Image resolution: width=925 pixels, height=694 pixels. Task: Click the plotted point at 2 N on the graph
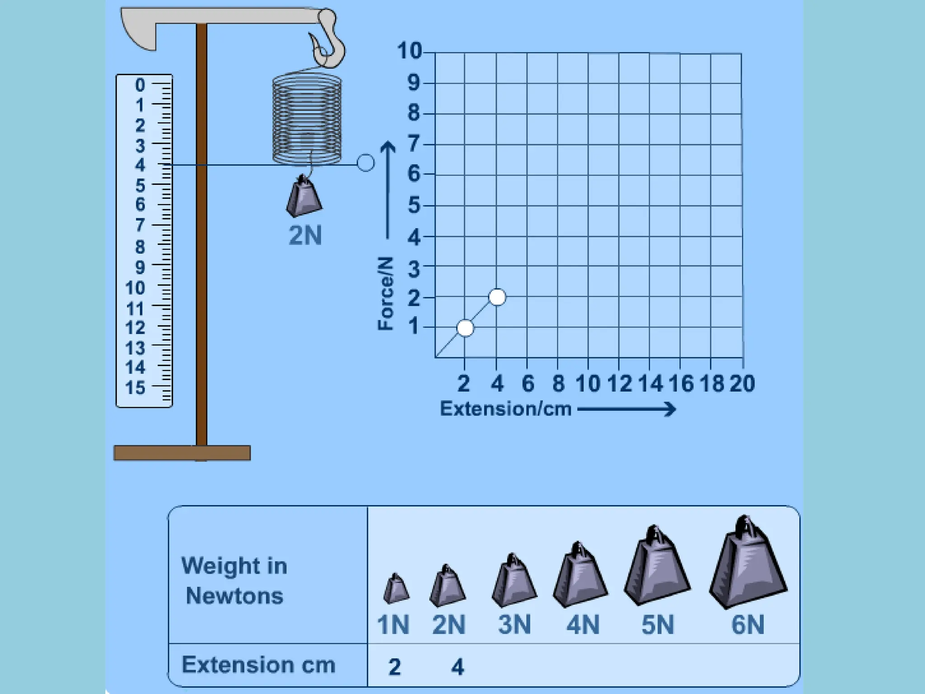click(x=497, y=297)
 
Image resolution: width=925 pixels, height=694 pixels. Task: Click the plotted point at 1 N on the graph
click(x=465, y=328)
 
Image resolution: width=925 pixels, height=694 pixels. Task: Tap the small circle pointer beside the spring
click(x=365, y=163)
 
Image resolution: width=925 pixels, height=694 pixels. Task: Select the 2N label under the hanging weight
click(x=305, y=235)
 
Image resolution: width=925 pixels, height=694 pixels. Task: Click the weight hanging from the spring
click(x=304, y=197)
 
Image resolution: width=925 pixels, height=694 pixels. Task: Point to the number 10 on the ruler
click(x=135, y=288)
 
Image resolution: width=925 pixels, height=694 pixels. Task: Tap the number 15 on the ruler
click(x=135, y=388)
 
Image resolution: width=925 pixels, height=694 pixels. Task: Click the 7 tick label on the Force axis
click(x=414, y=144)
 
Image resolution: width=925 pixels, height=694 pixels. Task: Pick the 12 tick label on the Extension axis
click(x=619, y=384)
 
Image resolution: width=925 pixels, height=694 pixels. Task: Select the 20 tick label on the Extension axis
click(x=742, y=384)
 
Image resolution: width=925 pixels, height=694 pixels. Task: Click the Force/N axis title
click(x=386, y=294)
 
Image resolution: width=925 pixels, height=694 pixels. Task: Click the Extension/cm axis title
click(x=505, y=409)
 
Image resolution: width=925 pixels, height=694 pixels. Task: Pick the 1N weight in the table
click(x=396, y=589)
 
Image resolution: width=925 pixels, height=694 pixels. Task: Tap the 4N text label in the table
click(x=583, y=625)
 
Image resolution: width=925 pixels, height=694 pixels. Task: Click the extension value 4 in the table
click(x=458, y=667)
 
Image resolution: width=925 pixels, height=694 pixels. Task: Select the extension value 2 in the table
click(x=394, y=667)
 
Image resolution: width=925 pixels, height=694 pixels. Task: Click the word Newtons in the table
click(x=234, y=596)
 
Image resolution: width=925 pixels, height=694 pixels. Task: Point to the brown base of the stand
click(x=182, y=453)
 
